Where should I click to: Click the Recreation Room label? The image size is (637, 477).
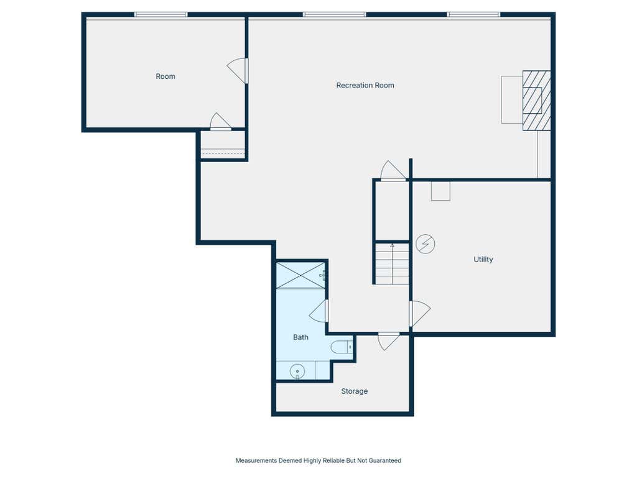[x=365, y=85]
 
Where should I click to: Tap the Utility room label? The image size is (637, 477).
[x=483, y=259]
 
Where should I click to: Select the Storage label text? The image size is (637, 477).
[x=354, y=391]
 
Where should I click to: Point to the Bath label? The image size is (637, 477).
[x=300, y=337]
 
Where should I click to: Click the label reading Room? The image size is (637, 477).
[x=165, y=76]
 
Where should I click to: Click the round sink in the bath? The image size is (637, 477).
[x=297, y=371]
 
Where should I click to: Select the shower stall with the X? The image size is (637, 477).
[x=300, y=275]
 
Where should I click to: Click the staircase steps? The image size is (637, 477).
[x=392, y=263]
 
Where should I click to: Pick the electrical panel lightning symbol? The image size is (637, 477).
[x=425, y=244]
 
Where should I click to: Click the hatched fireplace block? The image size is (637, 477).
[x=536, y=101]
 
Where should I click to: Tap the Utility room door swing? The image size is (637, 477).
[x=420, y=313]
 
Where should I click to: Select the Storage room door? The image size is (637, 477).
[x=389, y=342]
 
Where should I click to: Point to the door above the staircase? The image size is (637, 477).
[x=393, y=170]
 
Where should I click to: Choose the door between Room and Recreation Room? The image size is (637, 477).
[x=237, y=71]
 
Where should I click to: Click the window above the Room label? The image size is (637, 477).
[x=161, y=15]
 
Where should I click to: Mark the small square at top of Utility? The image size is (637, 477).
[x=440, y=191]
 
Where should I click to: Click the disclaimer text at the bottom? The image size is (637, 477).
[x=318, y=460]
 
